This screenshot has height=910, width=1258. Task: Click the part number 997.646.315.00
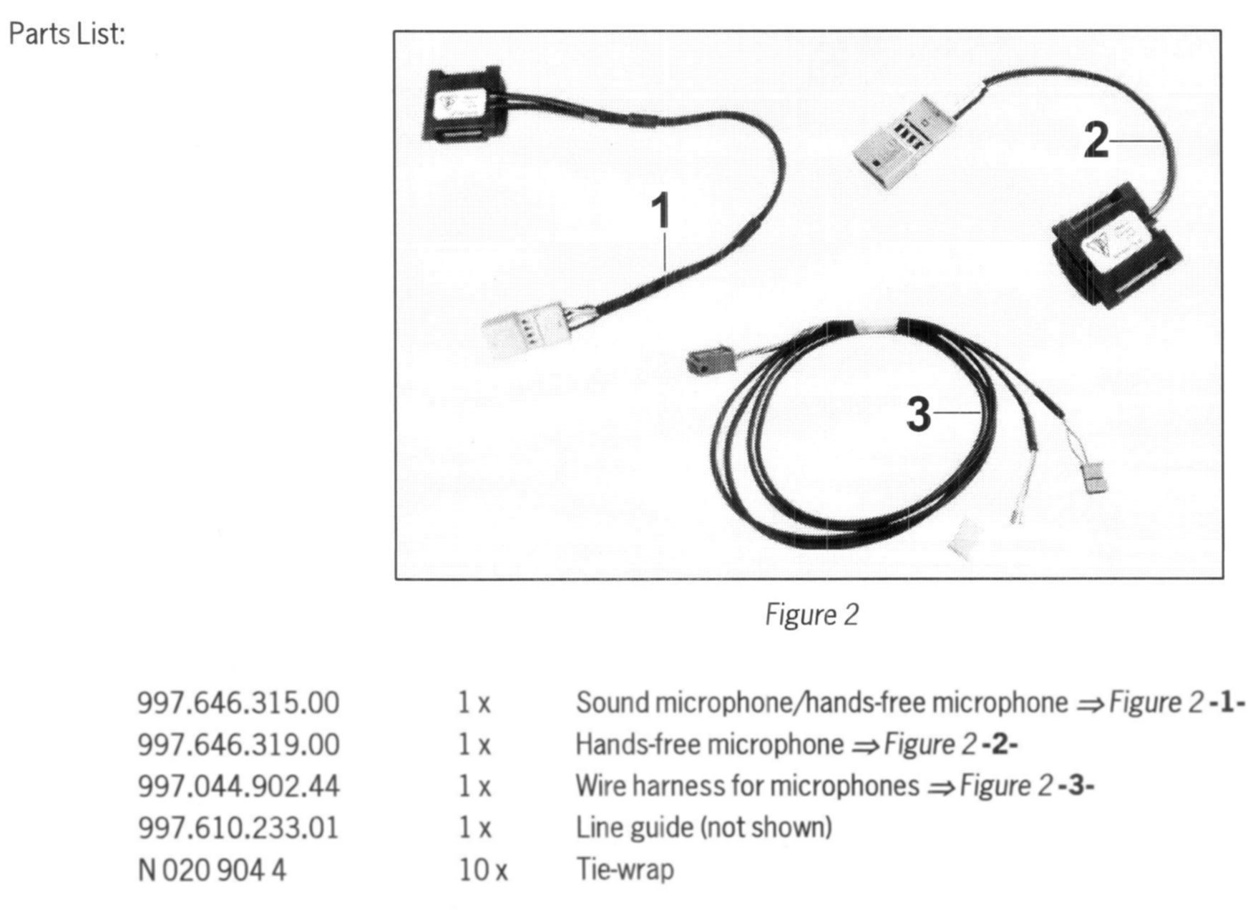click(238, 703)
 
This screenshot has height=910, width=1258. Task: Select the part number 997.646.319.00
click(238, 744)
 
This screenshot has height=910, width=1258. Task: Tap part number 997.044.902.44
click(238, 786)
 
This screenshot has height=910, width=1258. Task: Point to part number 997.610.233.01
click(238, 828)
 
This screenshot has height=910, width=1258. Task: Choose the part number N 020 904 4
click(211, 870)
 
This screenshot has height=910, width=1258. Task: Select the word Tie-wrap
click(625, 870)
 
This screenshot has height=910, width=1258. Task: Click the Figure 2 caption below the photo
click(811, 615)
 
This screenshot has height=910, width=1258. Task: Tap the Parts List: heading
click(67, 34)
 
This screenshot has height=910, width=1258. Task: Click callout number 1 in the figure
click(660, 211)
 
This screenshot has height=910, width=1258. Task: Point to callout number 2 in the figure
click(1096, 140)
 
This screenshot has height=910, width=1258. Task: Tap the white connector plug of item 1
click(526, 329)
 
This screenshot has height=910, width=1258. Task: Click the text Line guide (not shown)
click(703, 828)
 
